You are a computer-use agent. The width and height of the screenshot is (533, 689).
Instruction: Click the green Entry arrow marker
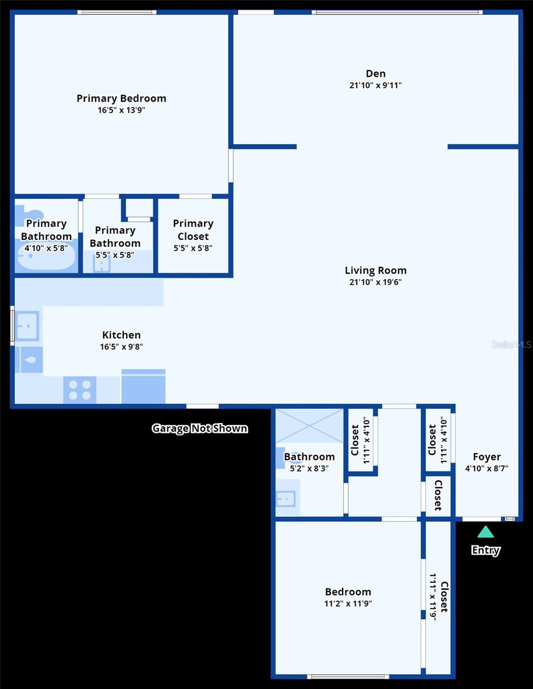pyautogui.click(x=485, y=532)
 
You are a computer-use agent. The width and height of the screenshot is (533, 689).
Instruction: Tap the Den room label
pyautogui.click(x=376, y=73)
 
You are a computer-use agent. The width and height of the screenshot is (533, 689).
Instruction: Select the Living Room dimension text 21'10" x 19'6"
pyautogui.click(x=376, y=282)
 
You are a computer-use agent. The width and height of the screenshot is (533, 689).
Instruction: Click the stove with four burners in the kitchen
pyautogui.click(x=80, y=390)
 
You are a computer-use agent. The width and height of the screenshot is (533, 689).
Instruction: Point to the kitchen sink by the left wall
pyautogui.click(x=27, y=326)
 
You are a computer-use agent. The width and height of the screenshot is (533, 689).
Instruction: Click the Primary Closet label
pyautogui.click(x=193, y=230)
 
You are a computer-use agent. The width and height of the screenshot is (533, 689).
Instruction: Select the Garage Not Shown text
pyautogui.click(x=200, y=428)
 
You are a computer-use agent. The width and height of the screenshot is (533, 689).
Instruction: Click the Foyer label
pyautogui.click(x=487, y=457)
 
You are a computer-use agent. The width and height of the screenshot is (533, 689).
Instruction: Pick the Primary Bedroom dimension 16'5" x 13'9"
pyautogui.click(x=121, y=110)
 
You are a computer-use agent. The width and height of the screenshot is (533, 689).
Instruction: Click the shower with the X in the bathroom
pyautogui.click(x=309, y=426)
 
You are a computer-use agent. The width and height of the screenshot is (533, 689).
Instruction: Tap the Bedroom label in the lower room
pyautogui.click(x=348, y=592)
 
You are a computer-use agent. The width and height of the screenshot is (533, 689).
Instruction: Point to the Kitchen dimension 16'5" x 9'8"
pyautogui.click(x=121, y=347)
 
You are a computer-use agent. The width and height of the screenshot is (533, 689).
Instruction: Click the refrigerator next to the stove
pyautogui.click(x=143, y=387)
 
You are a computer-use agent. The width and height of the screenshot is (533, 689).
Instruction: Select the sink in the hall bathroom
pyautogui.click(x=286, y=498)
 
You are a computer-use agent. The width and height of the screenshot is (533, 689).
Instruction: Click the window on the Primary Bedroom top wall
pyautogui.click(x=117, y=11)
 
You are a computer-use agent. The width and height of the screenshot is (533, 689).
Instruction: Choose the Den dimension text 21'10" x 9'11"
pyautogui.click(x=376, y=86)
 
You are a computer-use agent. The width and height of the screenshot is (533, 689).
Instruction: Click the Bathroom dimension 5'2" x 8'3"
pyautogui.click(x=309, y=469)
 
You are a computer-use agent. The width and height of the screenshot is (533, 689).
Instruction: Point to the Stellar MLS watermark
pyautogui.click(x=511, y=344)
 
